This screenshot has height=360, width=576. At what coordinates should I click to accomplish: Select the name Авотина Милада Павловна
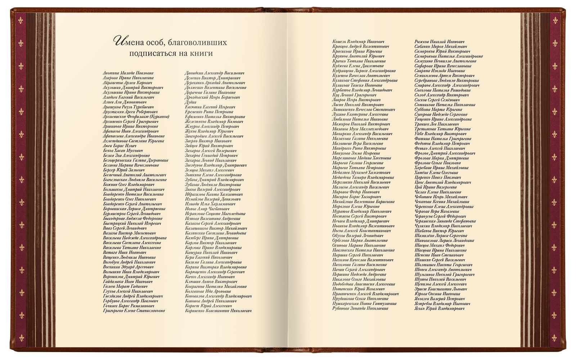click(128, 73)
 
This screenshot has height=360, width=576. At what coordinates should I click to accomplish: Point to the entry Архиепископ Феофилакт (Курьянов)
click(136, 117)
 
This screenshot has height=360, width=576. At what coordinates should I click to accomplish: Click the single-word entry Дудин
click(190, 102)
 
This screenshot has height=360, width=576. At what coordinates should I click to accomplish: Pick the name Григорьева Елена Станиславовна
click(134, 310)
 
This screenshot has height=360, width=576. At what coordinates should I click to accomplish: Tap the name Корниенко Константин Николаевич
click(218, 310)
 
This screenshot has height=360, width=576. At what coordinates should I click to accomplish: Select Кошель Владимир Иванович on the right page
click(358, 41)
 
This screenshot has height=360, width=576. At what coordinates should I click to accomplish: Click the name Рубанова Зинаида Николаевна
click(360, 309)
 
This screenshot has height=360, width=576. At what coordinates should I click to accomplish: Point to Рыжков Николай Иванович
click(439, 42)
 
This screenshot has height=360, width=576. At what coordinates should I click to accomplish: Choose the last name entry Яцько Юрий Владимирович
click(439, 309)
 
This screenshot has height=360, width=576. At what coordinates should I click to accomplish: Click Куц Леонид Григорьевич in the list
click(354, 95)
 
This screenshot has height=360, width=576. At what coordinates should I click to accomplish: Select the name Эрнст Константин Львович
click(441, 289)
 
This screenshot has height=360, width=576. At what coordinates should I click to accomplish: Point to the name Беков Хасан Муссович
click(123, 150)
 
